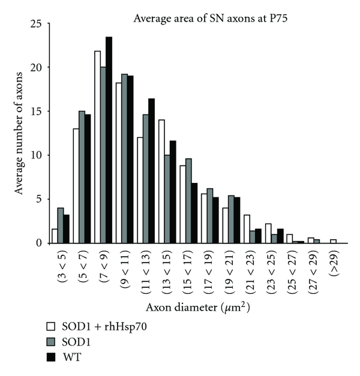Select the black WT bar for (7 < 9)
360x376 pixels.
109,140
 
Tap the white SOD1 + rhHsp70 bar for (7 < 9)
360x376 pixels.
97,147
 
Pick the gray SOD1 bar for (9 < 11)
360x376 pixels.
125,158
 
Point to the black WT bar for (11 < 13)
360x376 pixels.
151,170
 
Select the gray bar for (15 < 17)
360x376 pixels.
189,200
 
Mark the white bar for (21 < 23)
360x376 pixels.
247,228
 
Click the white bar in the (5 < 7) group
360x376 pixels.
75,185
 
